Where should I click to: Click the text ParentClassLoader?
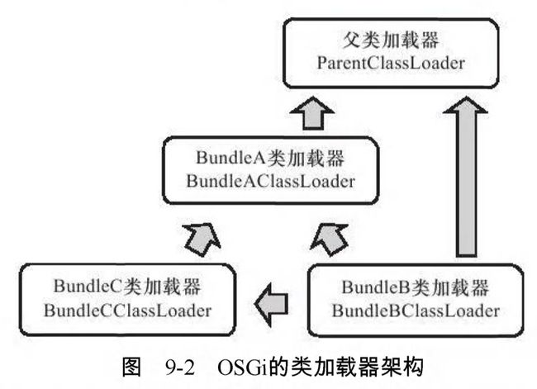click(x=391, y=64)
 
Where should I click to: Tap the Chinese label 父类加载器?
click(x=391, y=40)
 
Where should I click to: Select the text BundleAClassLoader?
click(x=270, y=181)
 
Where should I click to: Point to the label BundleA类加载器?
click(x=270, y=159)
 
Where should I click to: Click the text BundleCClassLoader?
click(x=127, y=311)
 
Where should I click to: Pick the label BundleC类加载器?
click(x=127, y=287)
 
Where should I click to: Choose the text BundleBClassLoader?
click(x=416, y=311)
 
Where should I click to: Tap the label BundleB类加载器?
click(x=416, y=287)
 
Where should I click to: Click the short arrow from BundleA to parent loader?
click(x=312, y=113)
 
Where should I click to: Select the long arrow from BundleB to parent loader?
click(x=466, y=177)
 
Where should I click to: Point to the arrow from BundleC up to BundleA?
click(x=202, y=240)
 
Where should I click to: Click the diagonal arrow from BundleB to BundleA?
click(x=330, y=240)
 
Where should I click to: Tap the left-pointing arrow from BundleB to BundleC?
click(x=272, y=304)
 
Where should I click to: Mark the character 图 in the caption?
click(x=131, y=368)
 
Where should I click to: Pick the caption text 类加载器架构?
click(x=357, y=368)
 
